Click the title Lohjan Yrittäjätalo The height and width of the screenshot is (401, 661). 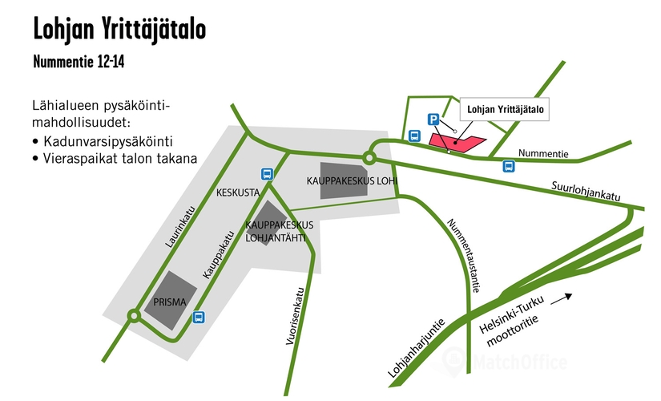(x=119, y=30)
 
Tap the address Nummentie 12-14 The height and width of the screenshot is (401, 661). (x=79, y=62)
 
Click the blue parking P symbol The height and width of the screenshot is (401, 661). (x=433, y=119)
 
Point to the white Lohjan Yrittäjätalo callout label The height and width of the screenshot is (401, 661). (x=505, y=110)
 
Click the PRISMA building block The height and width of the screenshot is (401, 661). (x=175, y=298)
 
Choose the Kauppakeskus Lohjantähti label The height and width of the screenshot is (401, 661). (x=279, y=230)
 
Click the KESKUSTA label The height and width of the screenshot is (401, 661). (x=237, y=192)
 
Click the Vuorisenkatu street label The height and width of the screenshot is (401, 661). (x=294, y=317)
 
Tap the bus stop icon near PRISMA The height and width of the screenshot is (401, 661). (x=198, y=316)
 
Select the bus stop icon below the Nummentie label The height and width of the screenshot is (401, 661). (x=508, y=166)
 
